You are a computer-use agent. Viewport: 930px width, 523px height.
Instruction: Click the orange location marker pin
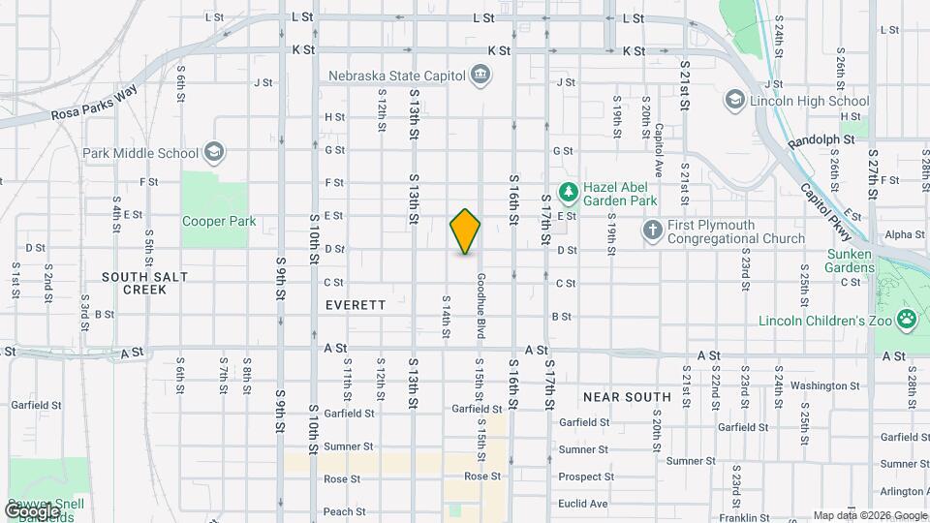point(465,231)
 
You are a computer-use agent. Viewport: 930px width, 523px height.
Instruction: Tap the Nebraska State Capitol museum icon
point(480,75)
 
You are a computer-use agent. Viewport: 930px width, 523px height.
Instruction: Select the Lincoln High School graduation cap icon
point(734,100)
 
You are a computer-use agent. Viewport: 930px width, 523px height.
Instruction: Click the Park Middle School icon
point(214,152)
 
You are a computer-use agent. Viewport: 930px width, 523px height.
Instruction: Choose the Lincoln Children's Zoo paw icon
point(908,320)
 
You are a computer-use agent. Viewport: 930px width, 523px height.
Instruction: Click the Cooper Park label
point(219,221)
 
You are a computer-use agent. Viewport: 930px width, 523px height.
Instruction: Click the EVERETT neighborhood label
point(356,304)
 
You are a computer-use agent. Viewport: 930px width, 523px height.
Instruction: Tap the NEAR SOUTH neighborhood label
point(627,397)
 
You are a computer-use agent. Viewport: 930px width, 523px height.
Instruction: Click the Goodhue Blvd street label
point(480,306)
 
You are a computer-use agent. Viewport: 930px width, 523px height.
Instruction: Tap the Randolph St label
point(821,140)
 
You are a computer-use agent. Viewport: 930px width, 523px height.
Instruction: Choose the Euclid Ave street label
point(584,504)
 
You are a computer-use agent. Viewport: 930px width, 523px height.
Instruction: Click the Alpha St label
point(905,234)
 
